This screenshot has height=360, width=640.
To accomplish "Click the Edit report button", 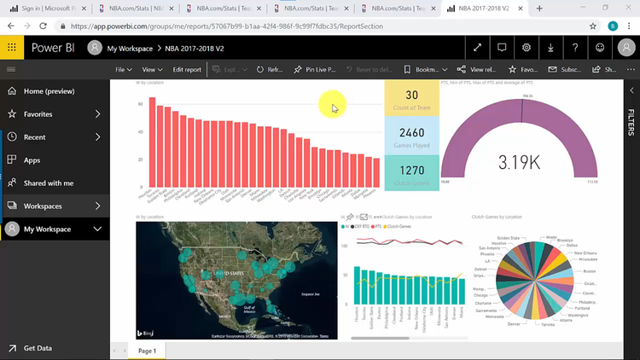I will pyautogui.click(x=187, y=69).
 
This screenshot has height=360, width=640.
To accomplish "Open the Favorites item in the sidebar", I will pyautogui.click(x=38, y=113).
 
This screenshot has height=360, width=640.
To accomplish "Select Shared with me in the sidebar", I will pyautogui.click(x=48, y=183).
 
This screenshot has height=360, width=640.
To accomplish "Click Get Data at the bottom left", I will pyautogui.click(x=38, y=348).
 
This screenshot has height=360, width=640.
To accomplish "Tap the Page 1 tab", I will pyautogui.click(x=147, y=351).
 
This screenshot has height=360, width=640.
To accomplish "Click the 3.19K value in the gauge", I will pyautogui.click(x=519, y=162).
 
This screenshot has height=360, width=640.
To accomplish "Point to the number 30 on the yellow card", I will pyautogui.click(x=411, y=96).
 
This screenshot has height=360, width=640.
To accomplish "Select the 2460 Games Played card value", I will pyautogui.click(x=411, y=133).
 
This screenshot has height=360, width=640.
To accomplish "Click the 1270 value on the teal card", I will pyautogui.click(x=411, y=171).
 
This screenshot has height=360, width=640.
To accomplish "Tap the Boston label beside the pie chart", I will pyautogui.click(x=589, y=271).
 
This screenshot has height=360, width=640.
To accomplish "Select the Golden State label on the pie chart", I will pyautogui.click(x=509, y=238).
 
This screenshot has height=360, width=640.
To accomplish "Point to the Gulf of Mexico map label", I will pyautogui.click(x=250, y=309).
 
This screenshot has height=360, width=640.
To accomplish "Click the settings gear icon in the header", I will pyautogui.click(x=527, y=48).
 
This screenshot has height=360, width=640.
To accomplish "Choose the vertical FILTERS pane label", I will pyautogui.click(x=631, y=122).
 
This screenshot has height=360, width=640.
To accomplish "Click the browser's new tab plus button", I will pyautogui.click(x=538, y=9).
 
